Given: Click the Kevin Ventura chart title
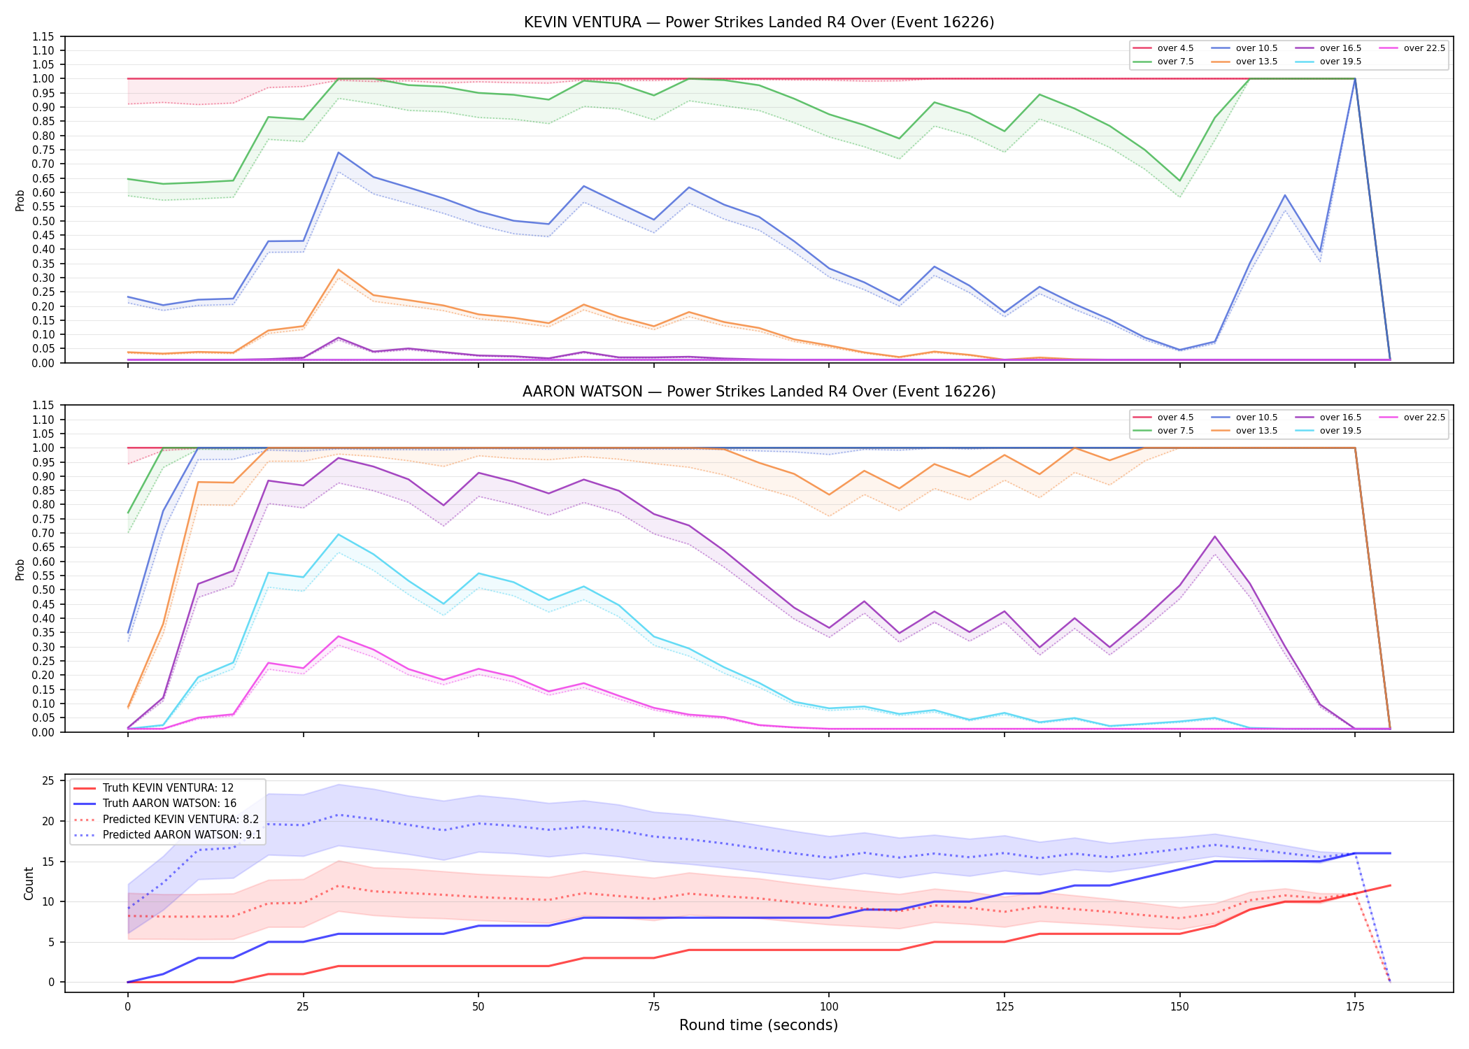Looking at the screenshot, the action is pyautogui.click(x=759, y=22).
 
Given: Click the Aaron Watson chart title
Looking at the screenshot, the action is pyautogui.click(x=759, y=392).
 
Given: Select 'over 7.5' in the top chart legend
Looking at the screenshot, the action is pyautogui.click(x=1175, y=62).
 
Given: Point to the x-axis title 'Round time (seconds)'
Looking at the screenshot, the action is pyautogui.click(x=758, y=1025).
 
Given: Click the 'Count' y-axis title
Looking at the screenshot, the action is pyautogui.click(x=29, y=883).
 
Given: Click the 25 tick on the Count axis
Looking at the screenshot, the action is pyautogui.click(x=48, y=781).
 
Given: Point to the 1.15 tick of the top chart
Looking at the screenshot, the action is pyautogui.click(x=43, y=36).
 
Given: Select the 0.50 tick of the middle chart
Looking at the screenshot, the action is pyautogui.click(x=43, y=590).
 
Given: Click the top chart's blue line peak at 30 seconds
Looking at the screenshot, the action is pyautogui.click(x=338, y=152).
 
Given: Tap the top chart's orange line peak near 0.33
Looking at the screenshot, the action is pyautogui.click(x=338, y=270).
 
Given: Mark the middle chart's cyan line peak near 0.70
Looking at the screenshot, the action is pyautogui.click(x=338, y=534).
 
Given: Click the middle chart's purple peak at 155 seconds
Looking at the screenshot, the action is pyautogui.click(x=1215, y=536).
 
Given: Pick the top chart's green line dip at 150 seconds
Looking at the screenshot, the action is pyautogui.click(x=1180, y=181).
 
